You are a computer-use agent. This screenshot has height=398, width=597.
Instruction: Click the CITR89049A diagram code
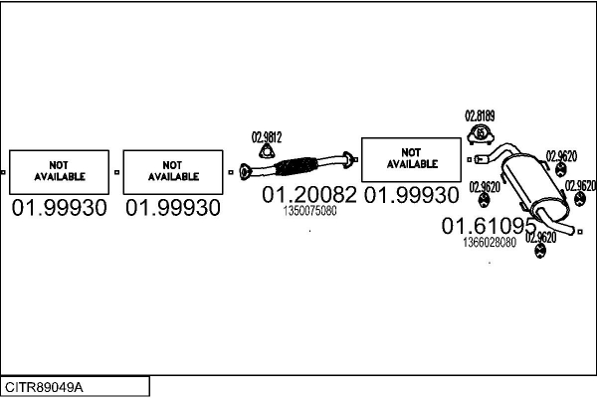pyautogui.click(x=44, y=387)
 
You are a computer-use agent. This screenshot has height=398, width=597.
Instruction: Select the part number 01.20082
pyautogui.click(x=309, y=194)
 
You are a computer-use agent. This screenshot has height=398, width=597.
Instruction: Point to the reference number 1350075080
pyautogui.click(x=309, y=211)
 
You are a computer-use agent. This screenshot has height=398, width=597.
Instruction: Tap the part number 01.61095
pyautogui.click(x=489, y=226)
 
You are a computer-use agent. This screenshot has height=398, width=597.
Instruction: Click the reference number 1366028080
pyautogui.click(x=490, y=242)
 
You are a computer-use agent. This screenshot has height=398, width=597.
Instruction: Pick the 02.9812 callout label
pyautogui.click(x=267, y=137)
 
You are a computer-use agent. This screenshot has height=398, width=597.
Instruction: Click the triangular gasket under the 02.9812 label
pyautogui.click(x=268, y=151)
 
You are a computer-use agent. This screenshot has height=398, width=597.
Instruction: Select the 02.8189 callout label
pyautogui.click(x=480, y=115)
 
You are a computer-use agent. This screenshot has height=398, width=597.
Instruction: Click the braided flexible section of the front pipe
pyautogui.click(x=297, y=166)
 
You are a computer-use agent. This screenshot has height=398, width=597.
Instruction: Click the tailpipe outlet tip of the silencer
pyautogui.click(x=571, y=230)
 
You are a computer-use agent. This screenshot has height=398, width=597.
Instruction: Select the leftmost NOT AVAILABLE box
pyautogui.click(x=59, y=172)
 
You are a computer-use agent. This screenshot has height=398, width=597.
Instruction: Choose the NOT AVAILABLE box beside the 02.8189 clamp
pyautogui.click(x=411, y=159)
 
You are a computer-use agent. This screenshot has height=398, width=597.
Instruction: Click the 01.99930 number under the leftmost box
pyautogui.click(x=59, y=208)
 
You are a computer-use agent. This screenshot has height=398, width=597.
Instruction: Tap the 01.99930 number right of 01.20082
pyautogui.click(x=412, y=195)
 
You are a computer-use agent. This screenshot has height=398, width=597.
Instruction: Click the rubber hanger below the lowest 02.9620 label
pyautogui.click(x=540, y=250)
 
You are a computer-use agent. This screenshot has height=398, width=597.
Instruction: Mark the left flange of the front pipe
pyautogui.click(x=245, y=172)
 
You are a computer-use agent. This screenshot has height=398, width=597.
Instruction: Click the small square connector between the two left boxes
pyautogui.click(x=116, y=172)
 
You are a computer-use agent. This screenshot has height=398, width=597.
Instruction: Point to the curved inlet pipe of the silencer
pyautogui.click(x=495, y=152)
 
